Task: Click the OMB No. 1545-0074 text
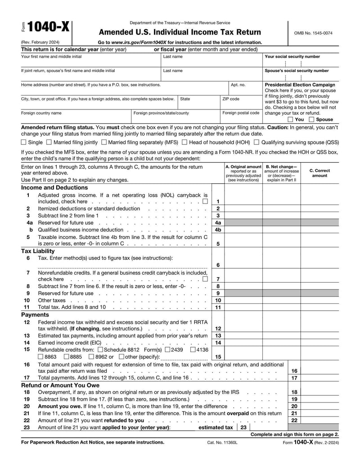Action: (313, 33)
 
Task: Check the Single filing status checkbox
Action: (24, 142)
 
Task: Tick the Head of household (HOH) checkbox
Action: (184, 142)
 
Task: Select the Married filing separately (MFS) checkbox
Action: (104, 142)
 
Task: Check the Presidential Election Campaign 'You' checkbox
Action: (290, 120)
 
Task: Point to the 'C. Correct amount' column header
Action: (319, 173)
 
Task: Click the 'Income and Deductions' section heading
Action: (54, 188)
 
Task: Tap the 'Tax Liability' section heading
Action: (38, 251)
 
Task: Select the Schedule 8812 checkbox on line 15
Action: (100, 349)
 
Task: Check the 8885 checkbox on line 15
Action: (67, 357)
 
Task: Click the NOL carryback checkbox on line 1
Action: (205, 202)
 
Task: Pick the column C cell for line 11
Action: (319, 308)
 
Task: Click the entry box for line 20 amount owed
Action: (319, 406)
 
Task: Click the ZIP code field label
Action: (231, 99)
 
